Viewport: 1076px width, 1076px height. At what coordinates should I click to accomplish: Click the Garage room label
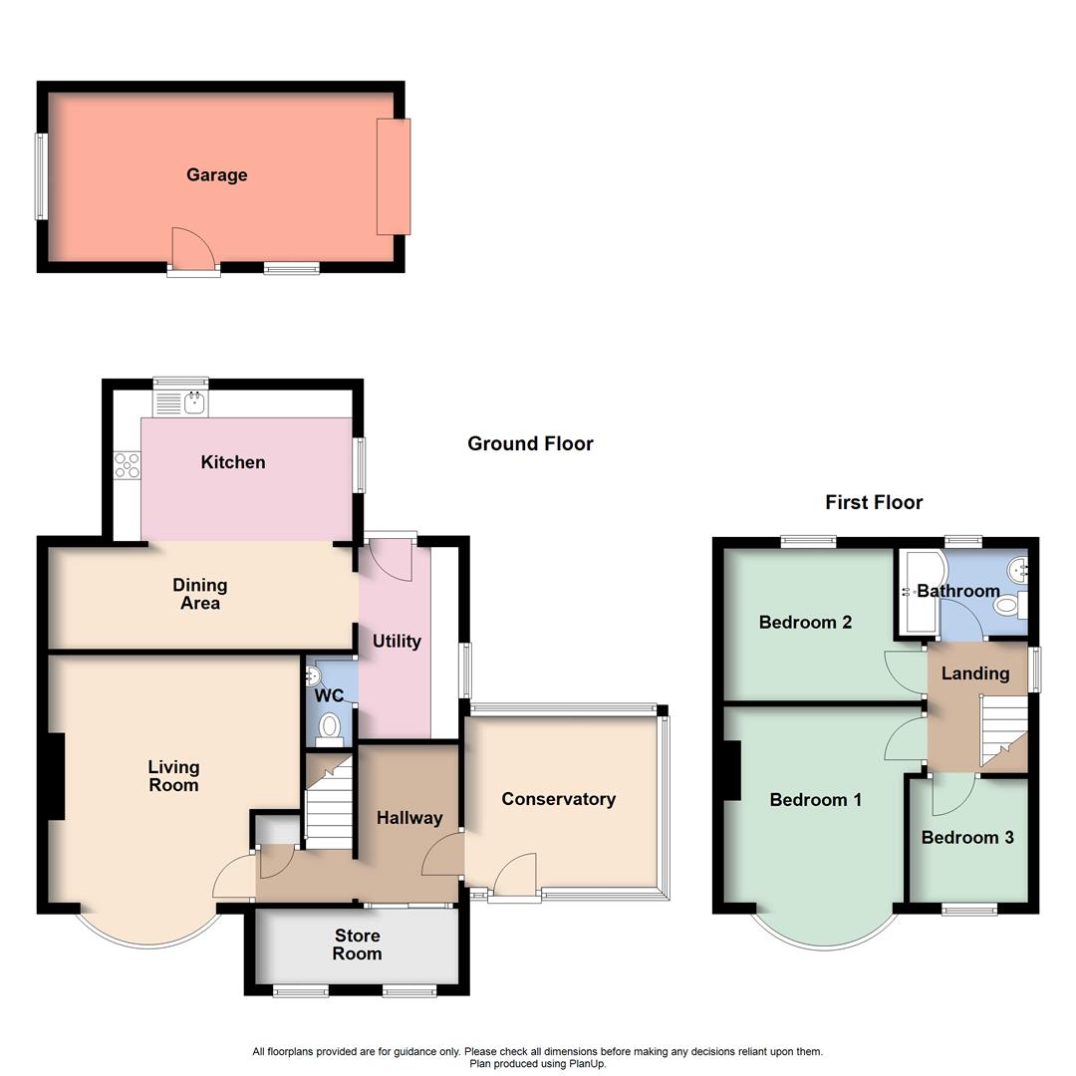pyautogui.click(x=216, y=175)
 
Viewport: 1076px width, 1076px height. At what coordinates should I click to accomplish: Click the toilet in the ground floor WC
pyautogui.click(x=330, y=728)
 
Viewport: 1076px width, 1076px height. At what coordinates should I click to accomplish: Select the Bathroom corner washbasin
pyautogui.click(x=1017, y=570)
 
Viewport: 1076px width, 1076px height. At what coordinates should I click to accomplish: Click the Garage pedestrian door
pyautogui.click(x=192, y=249)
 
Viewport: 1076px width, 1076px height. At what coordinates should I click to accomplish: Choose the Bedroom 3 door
pyautogui.click(x=952, y=793)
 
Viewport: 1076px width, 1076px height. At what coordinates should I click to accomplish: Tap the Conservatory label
pyautogui.click(x=558, y=799)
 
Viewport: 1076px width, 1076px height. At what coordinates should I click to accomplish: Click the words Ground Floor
pyautogui.click(x=530, y=444)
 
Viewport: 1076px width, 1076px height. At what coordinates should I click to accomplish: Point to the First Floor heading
pyautogui.click(x=874, y=503)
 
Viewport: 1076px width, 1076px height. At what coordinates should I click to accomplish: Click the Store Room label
pyautogui.click(x=357, y=944)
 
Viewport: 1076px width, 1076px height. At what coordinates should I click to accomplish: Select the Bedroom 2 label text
pyautogui.click(x=805, y=623)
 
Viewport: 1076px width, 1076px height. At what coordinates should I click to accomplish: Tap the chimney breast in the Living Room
pyautogui.click(x=57, y=777)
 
